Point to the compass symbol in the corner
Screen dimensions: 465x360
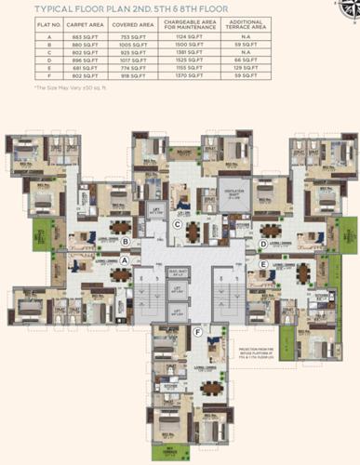pyautogui.click(x=345, y=9)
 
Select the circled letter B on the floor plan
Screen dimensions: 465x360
pyautogui.click(x=124, y=242)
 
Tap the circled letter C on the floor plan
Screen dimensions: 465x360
pyautogui.click(x=177, y=224)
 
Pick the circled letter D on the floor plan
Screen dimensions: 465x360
pyautogui.click(x=263, y=245)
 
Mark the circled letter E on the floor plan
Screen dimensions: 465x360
pyautogui.click(x=264, y=264)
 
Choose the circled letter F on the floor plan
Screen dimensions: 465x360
pyautogui.click(x=197, y=331)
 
